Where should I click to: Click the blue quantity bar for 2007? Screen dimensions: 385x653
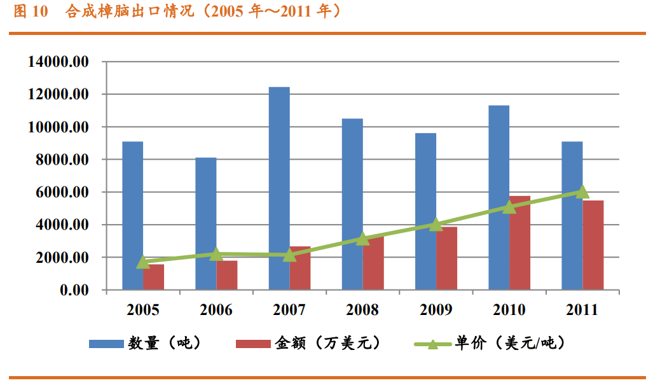(279, 188)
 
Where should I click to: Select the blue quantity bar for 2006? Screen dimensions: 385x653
(205, 223)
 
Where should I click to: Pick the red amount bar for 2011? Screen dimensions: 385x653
(593, 245)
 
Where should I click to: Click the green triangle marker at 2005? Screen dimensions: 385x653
(143, 262)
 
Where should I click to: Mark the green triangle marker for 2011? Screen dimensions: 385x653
(582, 192)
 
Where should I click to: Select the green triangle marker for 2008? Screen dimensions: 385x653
(362, 239)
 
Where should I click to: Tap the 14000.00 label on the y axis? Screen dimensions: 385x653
(58, 62)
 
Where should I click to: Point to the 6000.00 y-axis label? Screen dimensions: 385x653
(61, 192)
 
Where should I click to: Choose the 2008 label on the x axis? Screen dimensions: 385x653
(362, 310)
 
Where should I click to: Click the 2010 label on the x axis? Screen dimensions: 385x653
(509, 310)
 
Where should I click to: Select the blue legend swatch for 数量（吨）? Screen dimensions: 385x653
(106, 344)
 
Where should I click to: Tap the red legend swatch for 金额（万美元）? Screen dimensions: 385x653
(253, 344)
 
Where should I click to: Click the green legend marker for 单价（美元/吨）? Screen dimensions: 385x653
(432, 344)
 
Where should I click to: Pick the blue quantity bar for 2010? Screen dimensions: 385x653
(499, 197)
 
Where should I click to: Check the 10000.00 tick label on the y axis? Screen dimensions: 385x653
(58, 127)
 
